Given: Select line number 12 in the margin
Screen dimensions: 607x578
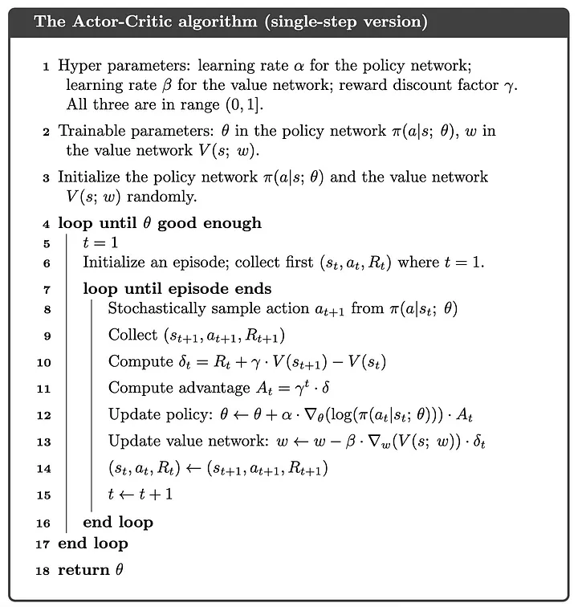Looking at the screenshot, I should click(44, 415).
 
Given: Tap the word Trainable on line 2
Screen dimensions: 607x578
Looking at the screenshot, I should click(91, 131).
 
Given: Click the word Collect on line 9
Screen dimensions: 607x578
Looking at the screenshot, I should click(134, 335).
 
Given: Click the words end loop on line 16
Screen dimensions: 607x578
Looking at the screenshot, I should click(118, 523).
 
